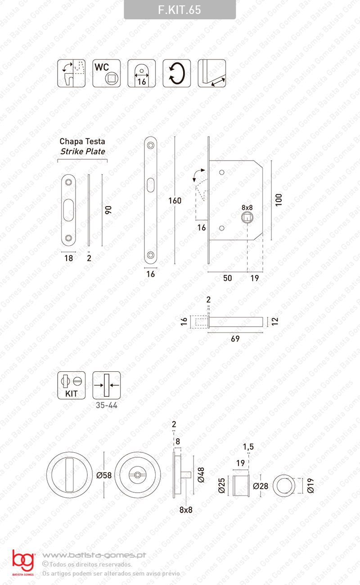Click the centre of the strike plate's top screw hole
coord(68,182)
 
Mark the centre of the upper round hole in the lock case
coord(221,172)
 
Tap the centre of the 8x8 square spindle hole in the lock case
coord(247,217)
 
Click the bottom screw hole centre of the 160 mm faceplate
coord(150,255)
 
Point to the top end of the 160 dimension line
coord(175,137)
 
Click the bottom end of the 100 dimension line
coord(271,240)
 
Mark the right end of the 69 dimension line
coord(262,333)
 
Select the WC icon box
coord(107,73)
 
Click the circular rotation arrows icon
coord(176,73)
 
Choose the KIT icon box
coord(71,385)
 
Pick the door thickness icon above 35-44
coord(107,385)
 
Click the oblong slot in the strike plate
coord(68,210)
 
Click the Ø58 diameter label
coord(104,475)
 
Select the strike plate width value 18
coord(68,258)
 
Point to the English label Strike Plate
coord(83,152)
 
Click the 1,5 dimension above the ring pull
coord(248,447)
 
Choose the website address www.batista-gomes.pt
coord(94,555)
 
